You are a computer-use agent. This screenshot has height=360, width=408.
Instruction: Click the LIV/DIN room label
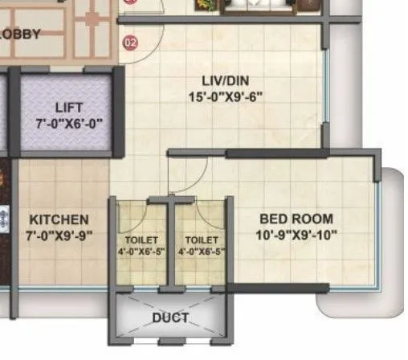221,80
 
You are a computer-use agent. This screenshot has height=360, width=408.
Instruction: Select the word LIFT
69,108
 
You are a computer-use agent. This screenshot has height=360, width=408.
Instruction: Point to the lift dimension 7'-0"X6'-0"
69,124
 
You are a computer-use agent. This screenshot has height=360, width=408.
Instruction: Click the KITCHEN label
59,219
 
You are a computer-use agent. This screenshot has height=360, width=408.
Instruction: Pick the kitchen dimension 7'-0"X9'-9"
59,235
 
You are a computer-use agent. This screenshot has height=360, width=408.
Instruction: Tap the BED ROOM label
296,219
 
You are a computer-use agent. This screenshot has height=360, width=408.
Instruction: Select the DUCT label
170,318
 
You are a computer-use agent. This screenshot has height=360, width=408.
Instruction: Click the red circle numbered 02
129,42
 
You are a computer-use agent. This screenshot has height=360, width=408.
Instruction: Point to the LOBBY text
21,34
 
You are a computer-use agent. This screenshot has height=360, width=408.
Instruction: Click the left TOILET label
141,239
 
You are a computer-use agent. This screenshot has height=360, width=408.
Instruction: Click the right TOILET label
201,239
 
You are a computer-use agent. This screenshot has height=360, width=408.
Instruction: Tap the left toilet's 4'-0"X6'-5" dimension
141,252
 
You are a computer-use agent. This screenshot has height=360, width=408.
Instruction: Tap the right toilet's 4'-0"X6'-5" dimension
201,252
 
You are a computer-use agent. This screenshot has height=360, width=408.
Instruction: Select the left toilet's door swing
137,215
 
